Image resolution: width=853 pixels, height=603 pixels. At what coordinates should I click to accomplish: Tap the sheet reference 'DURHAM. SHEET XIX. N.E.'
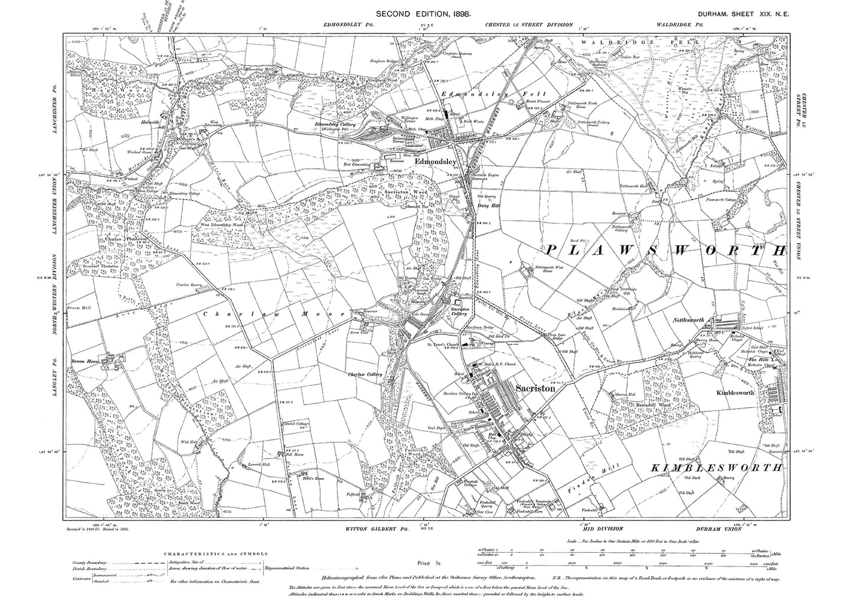pyautogui.click(x=740, y=12)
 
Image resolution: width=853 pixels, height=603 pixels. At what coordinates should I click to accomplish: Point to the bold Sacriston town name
pyautogui.click(x=535, y=389)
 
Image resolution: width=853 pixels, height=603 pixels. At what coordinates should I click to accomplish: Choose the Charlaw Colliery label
pyautogui.click(x=366, y=375)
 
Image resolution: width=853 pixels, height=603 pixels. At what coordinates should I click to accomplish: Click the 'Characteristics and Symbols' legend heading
pyautogui.click(x=214, y=554)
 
